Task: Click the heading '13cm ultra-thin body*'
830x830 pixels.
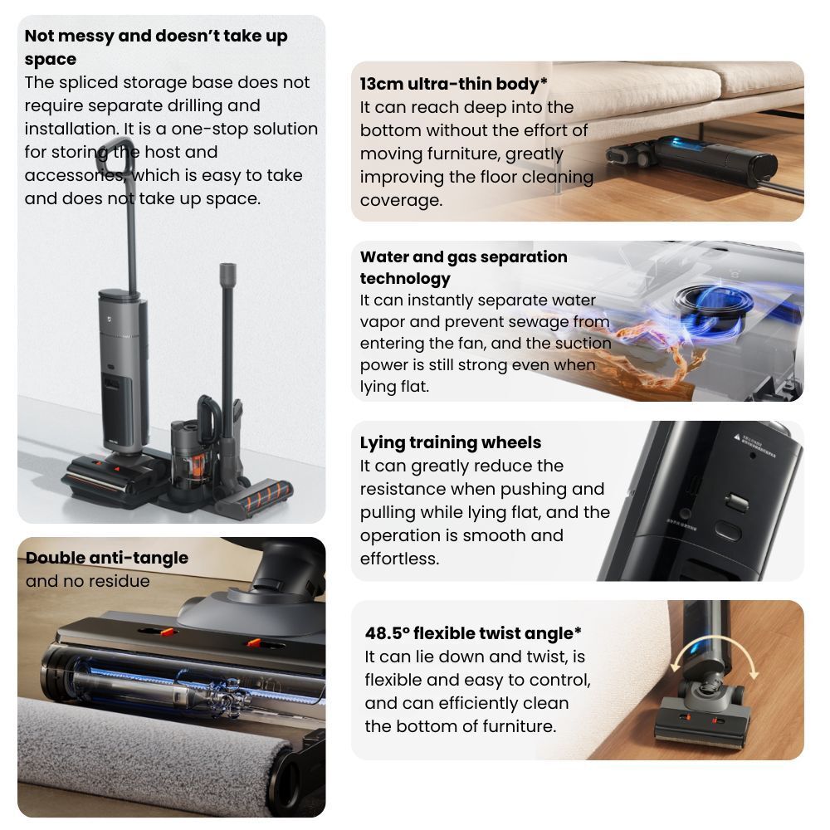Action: tap(453, 84)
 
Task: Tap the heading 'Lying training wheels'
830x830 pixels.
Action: tap(451, 442)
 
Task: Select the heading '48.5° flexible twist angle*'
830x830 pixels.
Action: tap(473, 633)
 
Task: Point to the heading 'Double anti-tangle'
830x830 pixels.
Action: tap(107, 558)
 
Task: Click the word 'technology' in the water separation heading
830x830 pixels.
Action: tap(405, 278)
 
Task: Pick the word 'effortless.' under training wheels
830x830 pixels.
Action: tap(400, 559)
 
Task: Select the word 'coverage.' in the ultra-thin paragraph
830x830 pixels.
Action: tap(401, 201)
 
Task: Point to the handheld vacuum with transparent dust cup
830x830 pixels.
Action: tap(193, 445)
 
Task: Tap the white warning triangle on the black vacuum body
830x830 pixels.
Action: tap(737, 437)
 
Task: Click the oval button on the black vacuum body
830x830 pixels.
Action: tap(727, 530)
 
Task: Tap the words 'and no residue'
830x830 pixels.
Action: tap(87, 581)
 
